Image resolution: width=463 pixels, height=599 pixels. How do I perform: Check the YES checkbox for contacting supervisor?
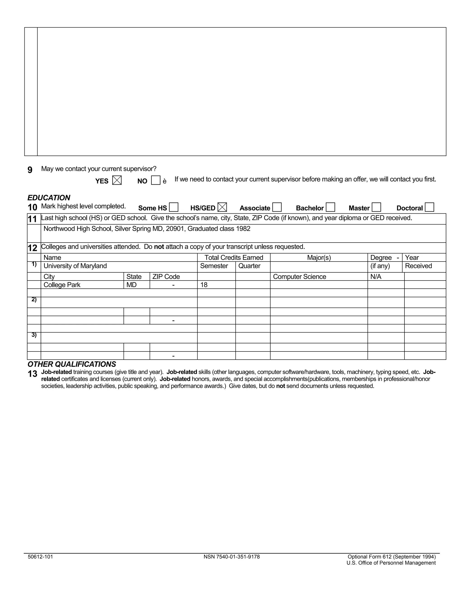pos(117,180)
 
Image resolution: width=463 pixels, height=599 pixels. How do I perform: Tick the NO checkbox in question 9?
pos(156,180)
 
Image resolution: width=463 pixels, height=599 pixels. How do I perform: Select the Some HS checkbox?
pos(173,207)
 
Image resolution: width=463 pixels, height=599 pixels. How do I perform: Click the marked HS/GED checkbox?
pos(222,207)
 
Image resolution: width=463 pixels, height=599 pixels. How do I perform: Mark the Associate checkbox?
pos(277,207)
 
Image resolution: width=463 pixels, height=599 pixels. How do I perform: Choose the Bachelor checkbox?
pos(330,207)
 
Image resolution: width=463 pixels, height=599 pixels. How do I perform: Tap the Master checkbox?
pos(376,207)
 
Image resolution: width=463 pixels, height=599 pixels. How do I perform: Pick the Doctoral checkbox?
pos(429,207)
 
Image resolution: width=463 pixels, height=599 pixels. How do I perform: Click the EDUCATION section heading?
pos(49,198)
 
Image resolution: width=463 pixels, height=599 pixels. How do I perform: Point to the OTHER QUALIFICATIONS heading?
pos(72,364)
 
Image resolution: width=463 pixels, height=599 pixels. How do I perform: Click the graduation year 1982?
pos(243,229)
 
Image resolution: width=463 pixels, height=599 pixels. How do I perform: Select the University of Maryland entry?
pos(75,266)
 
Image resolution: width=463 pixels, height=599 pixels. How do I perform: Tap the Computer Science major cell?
pos(300,276)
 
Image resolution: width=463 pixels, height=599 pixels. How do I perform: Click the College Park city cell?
pos(62,285)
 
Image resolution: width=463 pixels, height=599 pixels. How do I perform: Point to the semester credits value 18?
pos(204,285)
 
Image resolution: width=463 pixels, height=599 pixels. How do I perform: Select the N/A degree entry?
pos(376,276)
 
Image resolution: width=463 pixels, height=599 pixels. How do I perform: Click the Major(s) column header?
pos(319,257)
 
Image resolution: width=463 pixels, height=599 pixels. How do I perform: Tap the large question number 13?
pos(32,374)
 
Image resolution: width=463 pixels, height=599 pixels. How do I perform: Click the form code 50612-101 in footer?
pos(40,557)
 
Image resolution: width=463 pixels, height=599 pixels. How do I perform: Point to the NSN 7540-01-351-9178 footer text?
pos(231,557)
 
